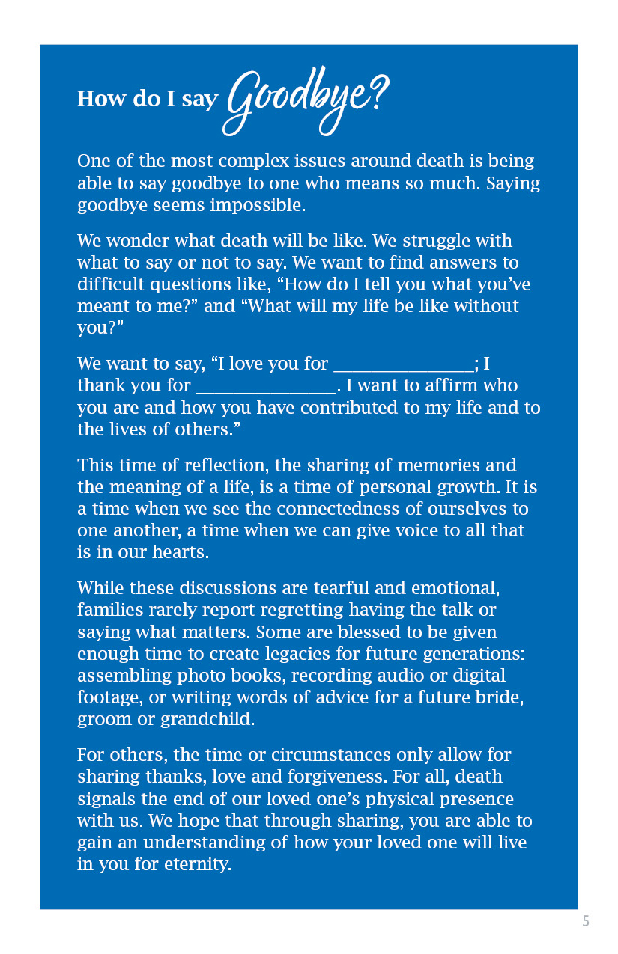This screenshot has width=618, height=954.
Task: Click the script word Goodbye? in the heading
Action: (x=307, y=101)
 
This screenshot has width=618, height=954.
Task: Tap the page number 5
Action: (x=586, y=921)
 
